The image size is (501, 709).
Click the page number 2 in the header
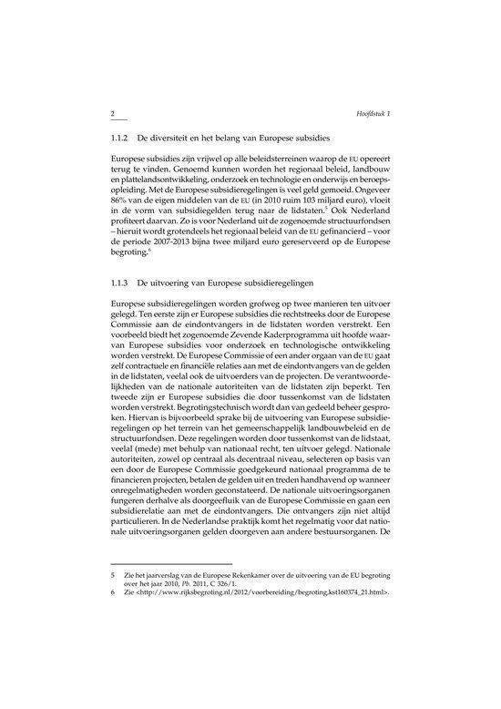pyautogui.click(x=111, y=112)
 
